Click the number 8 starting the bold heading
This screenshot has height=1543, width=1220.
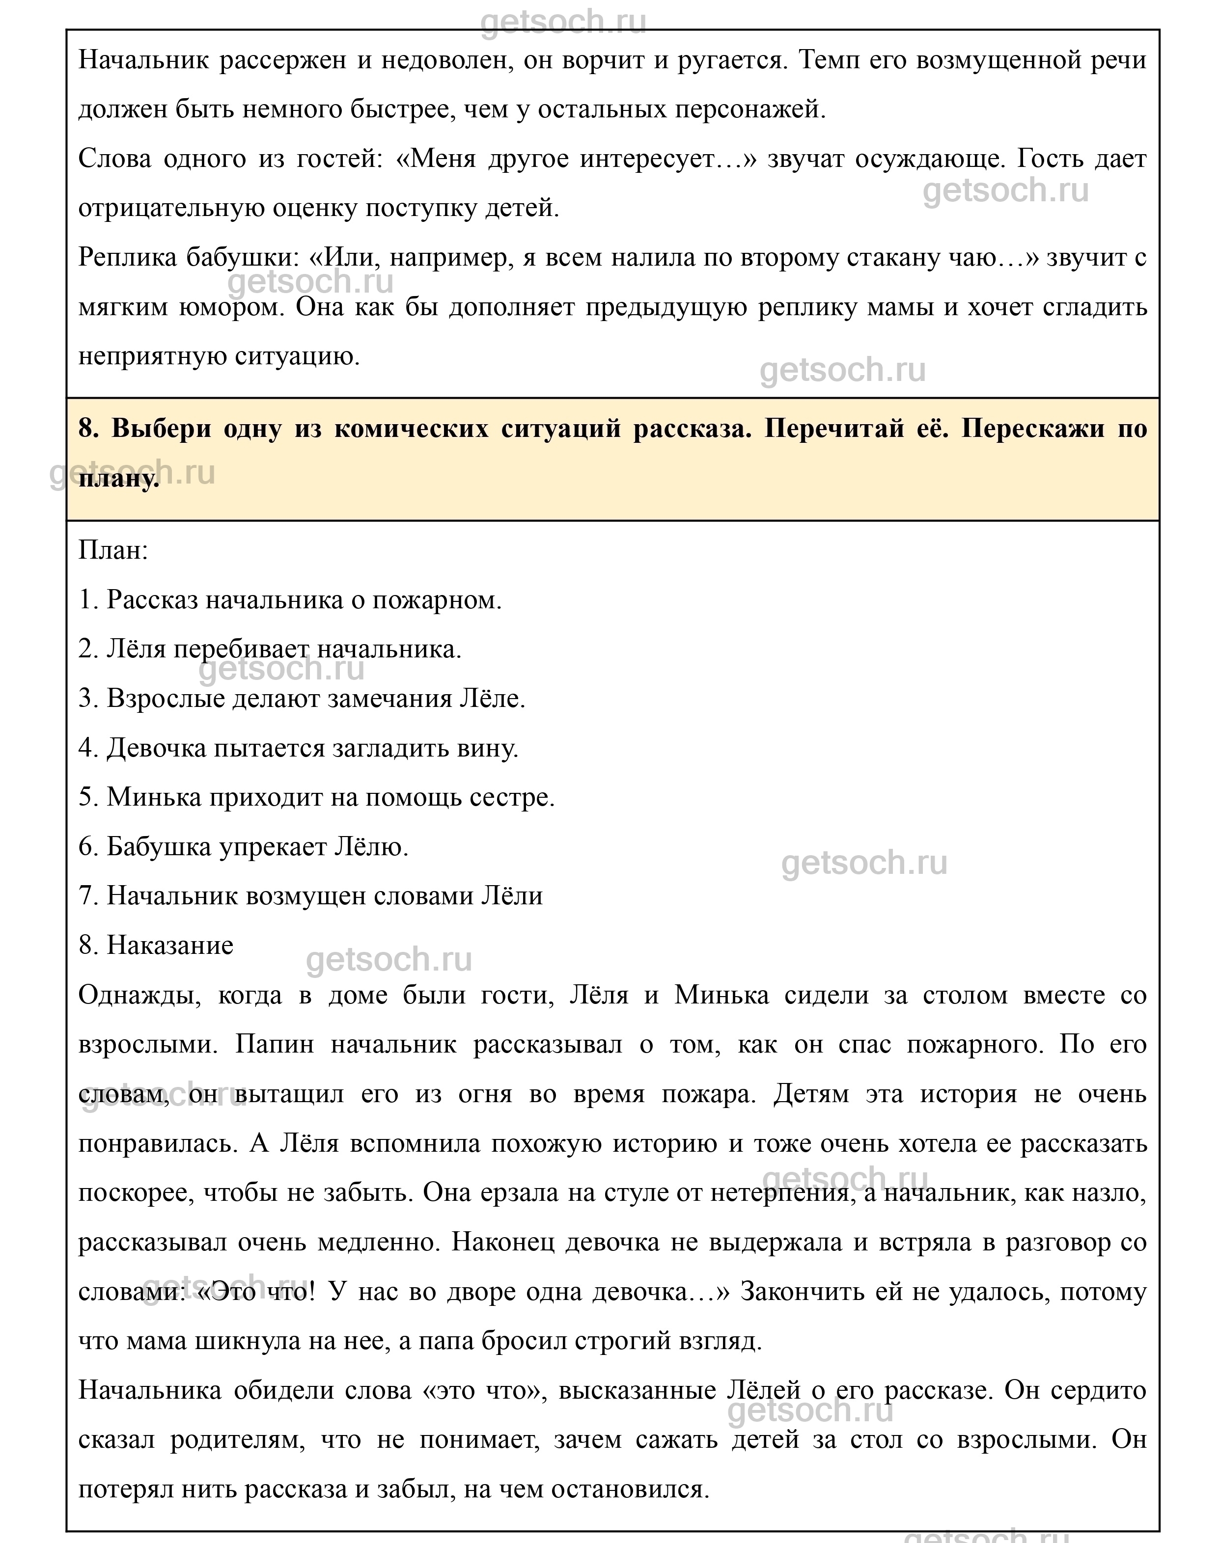(x=86, y=429)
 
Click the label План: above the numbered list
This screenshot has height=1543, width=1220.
(x=113, y=551)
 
